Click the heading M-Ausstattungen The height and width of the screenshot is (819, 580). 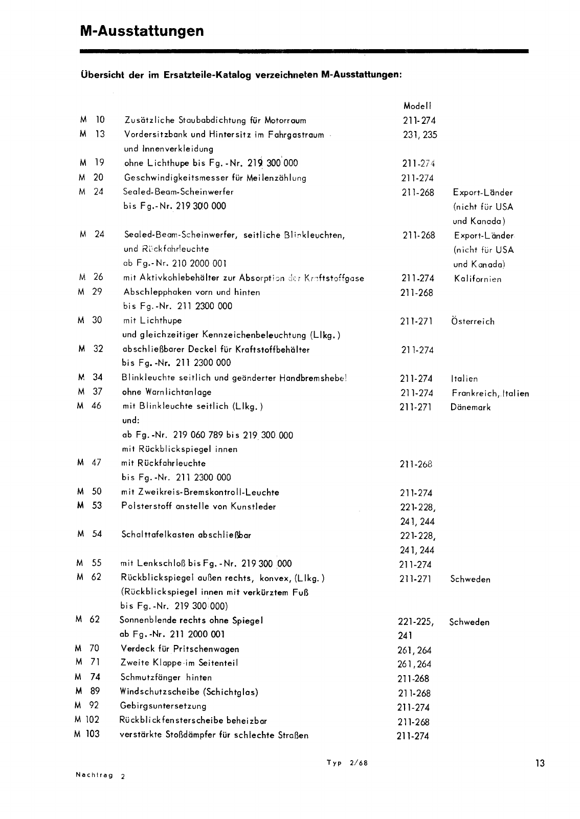pyautogui.click(x=142, y=31)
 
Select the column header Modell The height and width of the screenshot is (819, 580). pyautogui.click(x=417, y=106)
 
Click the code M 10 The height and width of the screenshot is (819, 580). pyautogui.click(x=93, y=120)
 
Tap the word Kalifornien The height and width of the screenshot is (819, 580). pyautogui.click(x=477, y=279)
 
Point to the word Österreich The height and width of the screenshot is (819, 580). pyautogui.click(x=473, y=321)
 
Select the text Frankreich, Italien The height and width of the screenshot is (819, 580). pyautogui.click(x=490, y=393)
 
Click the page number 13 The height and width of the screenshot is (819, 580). pyautogui.click(x=540, y=763)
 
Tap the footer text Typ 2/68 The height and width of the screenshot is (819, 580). pyautogui.click(x=347, y=762)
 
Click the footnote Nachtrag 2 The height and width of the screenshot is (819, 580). pyautogui.click(x=100, y=775)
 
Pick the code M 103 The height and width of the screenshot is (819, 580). pyautogui.click(x=86, y=734)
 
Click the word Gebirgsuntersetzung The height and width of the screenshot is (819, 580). pyautogui.click(x=163, y=705)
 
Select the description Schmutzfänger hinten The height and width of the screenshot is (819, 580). pyautogui.click(x=166, y=677)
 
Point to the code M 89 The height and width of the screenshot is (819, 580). pyautogui.click(x=88, y=691)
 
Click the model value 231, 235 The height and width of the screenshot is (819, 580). pyautogui.click(x=419, y=135)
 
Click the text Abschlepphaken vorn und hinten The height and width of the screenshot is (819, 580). pyautogui.click(x=192, y=292)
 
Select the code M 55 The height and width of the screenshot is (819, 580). pyautogui.click(x=90, y=563)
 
